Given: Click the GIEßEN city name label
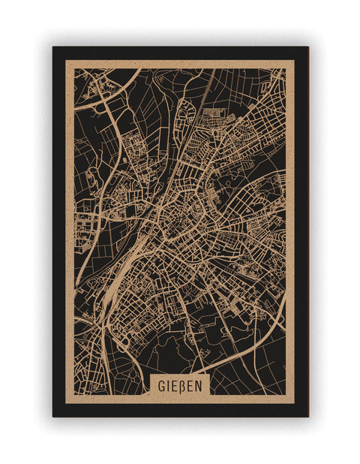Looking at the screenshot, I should (180, 385).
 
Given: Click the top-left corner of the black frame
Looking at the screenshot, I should (53, 47).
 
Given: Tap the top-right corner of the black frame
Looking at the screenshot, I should (307, 47).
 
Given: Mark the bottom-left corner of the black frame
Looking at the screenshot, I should (53, 416).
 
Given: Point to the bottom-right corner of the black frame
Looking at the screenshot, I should (307, 416).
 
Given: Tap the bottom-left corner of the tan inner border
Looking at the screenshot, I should (66, 403).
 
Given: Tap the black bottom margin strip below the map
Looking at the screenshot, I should (180, 410).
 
